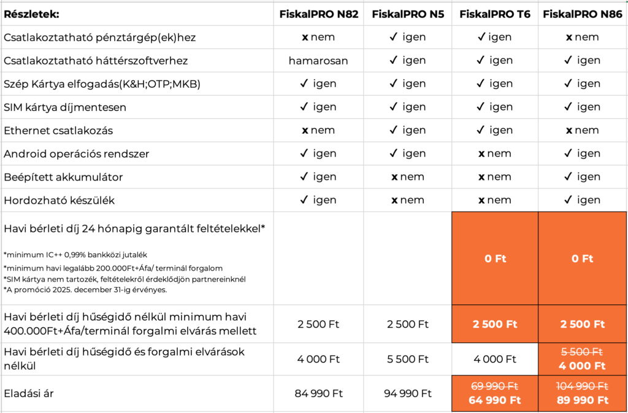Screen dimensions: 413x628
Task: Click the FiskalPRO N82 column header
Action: pyautogui.click(x=318, y=14)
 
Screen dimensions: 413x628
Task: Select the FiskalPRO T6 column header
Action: pyautogui.click(x=494, y=14)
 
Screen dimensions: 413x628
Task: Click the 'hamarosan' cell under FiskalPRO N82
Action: pyautogui.click(x=318, y=60)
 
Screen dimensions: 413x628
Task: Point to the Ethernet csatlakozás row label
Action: pyautogui.click(x=58, y=130)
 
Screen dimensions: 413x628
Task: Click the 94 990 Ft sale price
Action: pyautogui.click(x=408, y=393)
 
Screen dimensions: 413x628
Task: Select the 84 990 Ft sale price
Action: pyautogui.click(x=318, y=393)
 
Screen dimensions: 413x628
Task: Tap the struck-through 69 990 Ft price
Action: pyautogui.click(x=494, y=386)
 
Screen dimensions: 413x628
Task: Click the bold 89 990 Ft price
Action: pyautogui.click(x=583, y=400)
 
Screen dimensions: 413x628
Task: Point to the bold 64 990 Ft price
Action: pyautogui.click(x=494, y=400)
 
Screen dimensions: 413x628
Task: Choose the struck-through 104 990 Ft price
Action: pyautogui.click(x=583, y=386)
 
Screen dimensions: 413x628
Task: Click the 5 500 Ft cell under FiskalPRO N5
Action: pyautogui.click(x=408, y=359)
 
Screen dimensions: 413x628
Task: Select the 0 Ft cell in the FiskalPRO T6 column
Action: pyautogui.click(x=494, y=258)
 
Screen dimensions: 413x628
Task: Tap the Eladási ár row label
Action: pyautogui.click(x=29, y=393)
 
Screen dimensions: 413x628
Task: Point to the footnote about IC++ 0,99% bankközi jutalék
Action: pyautogui.click(x=75, y=254)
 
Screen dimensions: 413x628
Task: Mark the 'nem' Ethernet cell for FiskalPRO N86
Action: pyautogui.click(x=583, y=130)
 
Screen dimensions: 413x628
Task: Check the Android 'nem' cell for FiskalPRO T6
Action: pyautogui.click(x=494, y=153)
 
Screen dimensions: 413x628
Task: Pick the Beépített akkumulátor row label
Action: pyautogui.click(x=64, y=177)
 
